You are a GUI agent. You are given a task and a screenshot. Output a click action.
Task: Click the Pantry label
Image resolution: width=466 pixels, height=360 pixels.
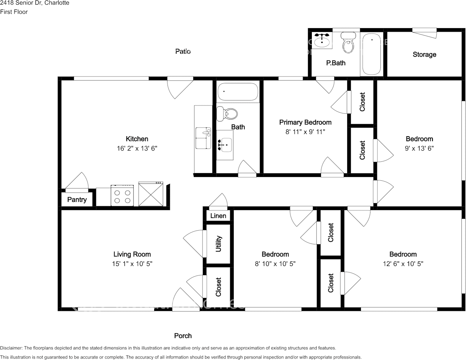(77, 199)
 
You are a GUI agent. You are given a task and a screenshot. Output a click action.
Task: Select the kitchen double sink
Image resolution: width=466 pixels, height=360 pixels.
(203, 138)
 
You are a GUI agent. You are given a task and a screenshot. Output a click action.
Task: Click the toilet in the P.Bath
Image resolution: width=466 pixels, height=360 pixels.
(348, 43)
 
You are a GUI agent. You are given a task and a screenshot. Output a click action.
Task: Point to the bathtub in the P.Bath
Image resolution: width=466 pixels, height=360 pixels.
(371, 54)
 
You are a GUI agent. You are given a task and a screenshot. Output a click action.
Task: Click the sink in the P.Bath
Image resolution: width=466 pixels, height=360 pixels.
(322, 40)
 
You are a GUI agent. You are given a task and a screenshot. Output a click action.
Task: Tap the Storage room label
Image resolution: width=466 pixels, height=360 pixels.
(424, 54)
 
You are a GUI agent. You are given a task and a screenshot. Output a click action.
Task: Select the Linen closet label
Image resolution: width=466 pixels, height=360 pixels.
(218, 216)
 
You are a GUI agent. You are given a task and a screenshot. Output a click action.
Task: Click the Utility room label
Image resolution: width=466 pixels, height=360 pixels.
(219, 244)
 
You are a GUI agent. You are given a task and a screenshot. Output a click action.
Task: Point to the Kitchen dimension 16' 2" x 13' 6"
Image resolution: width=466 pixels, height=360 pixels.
(137, 148)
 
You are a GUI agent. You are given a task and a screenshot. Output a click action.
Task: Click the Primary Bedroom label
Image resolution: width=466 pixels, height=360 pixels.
(305, 122)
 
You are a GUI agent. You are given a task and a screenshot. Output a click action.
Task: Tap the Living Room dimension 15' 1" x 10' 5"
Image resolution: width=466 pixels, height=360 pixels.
(132, 264)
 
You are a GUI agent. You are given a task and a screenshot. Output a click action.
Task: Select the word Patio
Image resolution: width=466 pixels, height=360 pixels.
(183, 51)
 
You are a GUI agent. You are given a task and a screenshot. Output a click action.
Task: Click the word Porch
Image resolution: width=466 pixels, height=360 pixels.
(183, 336)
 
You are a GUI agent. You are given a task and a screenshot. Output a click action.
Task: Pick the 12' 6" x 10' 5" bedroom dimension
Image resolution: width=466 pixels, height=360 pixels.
(403, 264)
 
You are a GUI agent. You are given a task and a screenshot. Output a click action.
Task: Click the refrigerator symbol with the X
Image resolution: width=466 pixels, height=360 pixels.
(151, 194)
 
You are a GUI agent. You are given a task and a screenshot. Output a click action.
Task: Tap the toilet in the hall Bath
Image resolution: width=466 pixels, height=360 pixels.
(227, 113)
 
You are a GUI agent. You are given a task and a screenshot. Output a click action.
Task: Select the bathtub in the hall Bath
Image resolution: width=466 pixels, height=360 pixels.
(238, 92)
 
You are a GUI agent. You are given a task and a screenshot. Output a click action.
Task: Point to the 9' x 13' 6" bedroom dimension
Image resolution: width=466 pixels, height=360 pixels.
(419, 148)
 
